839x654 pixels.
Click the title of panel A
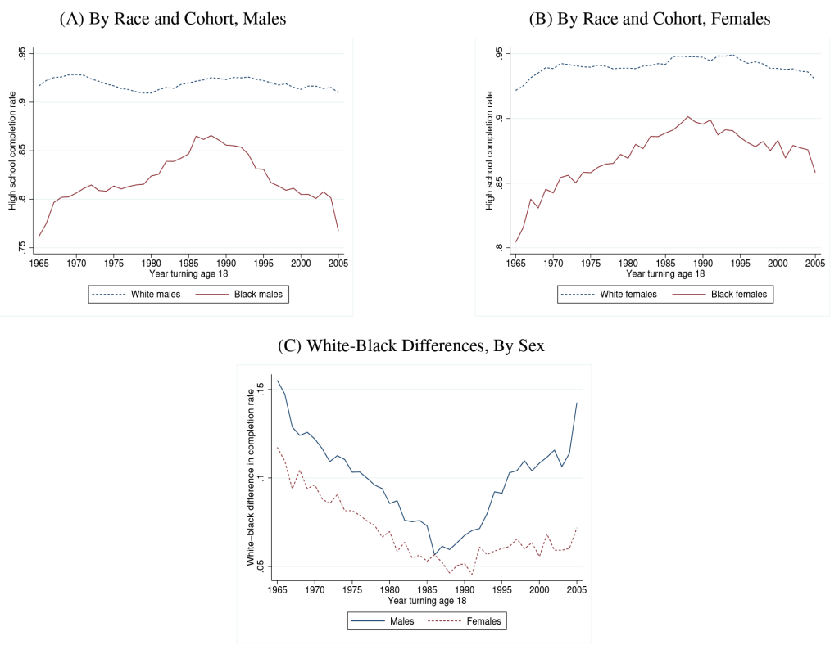(x=172, y=18)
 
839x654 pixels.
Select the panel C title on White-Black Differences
(x=411, y=345)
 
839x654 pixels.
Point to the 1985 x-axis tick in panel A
(x=188, y=263)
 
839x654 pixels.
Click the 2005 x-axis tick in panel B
(x=814, y=263)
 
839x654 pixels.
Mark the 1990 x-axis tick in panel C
(x=465, y=589)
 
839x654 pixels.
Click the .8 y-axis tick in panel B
(x=499, y=246)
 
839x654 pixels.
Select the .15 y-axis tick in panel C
(x=261, y=389)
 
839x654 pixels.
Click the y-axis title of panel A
(x=12, y=150)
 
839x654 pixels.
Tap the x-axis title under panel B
(x=664, y=273)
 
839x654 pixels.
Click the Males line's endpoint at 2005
(x=577, y=403)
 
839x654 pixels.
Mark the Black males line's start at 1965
(x=39, y=237)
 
